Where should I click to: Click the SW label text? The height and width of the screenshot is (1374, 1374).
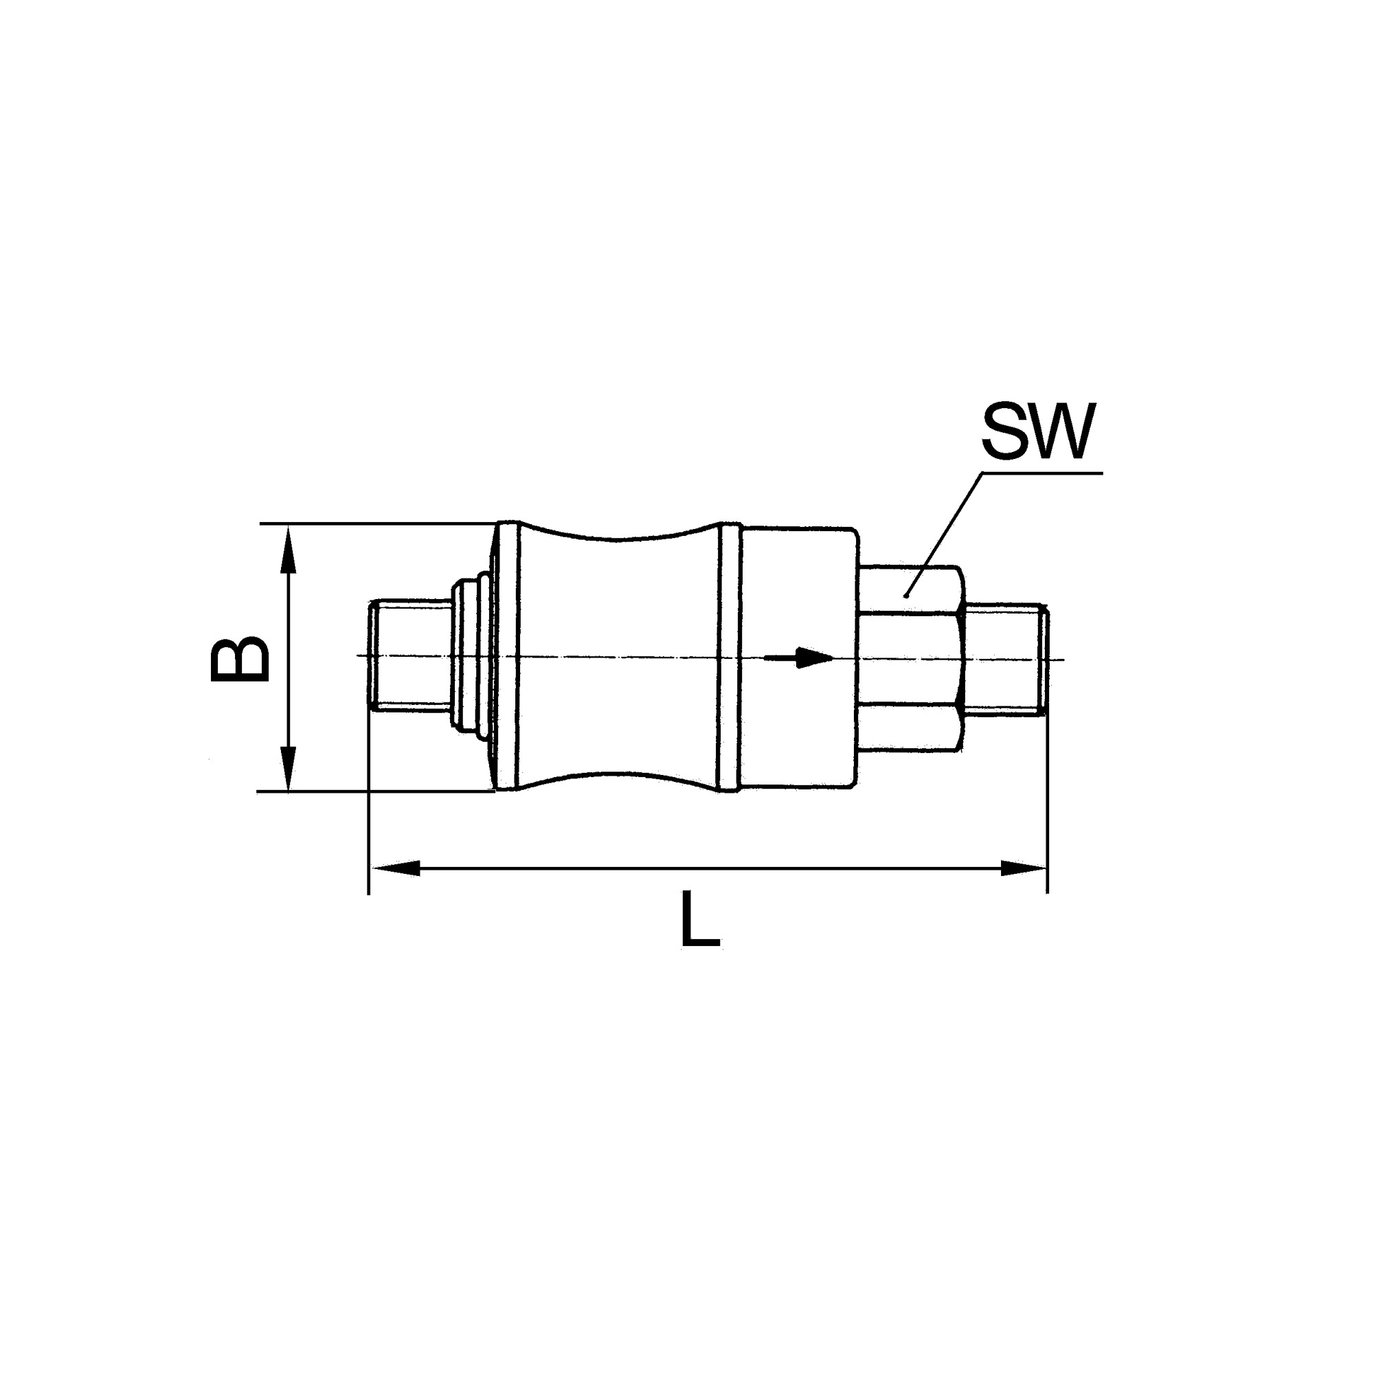tap(1038, 431)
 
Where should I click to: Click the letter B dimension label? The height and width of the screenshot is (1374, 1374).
tap(240, 659)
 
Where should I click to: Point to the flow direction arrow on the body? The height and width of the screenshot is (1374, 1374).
tap(800, 657)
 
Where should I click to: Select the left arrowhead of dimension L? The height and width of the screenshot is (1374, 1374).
tap(396, 868)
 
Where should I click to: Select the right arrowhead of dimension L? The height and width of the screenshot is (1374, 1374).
tap(1023, 868)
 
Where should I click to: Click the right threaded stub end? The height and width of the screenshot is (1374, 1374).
tap(1006, 659)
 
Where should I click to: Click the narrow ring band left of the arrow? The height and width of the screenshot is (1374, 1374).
tap(728, 657)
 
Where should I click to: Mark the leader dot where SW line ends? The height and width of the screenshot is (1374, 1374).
tap(905, 595)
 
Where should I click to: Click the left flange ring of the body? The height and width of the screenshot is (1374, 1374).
tap(506, 657)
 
